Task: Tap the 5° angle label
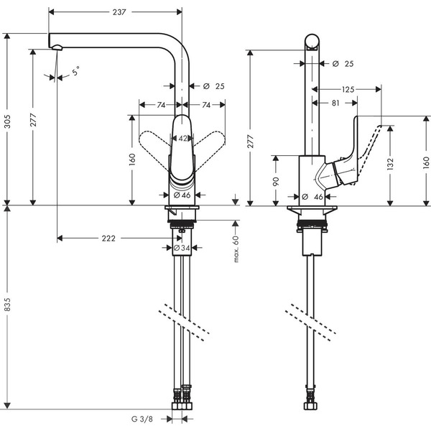75,72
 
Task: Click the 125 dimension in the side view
348,89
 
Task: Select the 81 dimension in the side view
337,103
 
